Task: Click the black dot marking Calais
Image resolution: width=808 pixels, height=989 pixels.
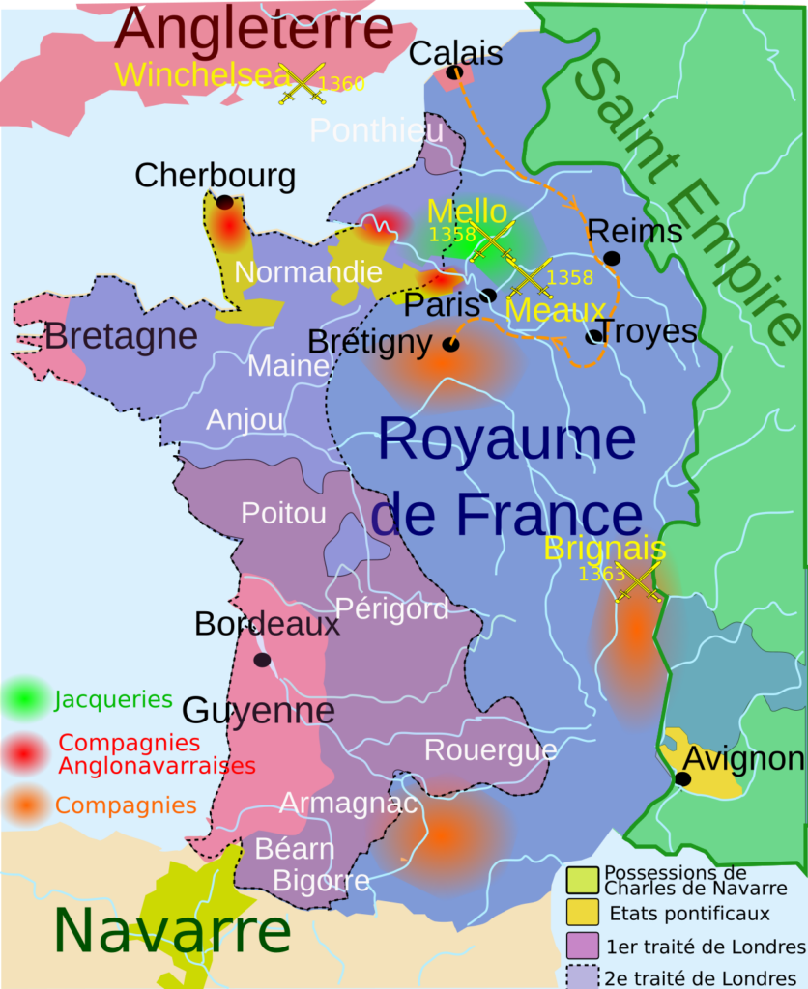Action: (454, 72)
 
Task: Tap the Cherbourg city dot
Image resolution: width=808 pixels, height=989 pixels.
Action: (224, 203)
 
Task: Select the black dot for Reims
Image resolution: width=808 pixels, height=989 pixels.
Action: (611, 258)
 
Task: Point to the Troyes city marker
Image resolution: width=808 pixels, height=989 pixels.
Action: (593, 336)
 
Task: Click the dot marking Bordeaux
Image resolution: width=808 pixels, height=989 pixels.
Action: (261, 660)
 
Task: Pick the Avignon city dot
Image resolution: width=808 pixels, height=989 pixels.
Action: (682, 778)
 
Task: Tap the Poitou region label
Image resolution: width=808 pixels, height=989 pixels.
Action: (283, 513)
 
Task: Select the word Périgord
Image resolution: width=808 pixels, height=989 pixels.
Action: (391, 609)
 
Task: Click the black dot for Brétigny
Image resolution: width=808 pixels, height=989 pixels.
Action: (449, 344)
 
